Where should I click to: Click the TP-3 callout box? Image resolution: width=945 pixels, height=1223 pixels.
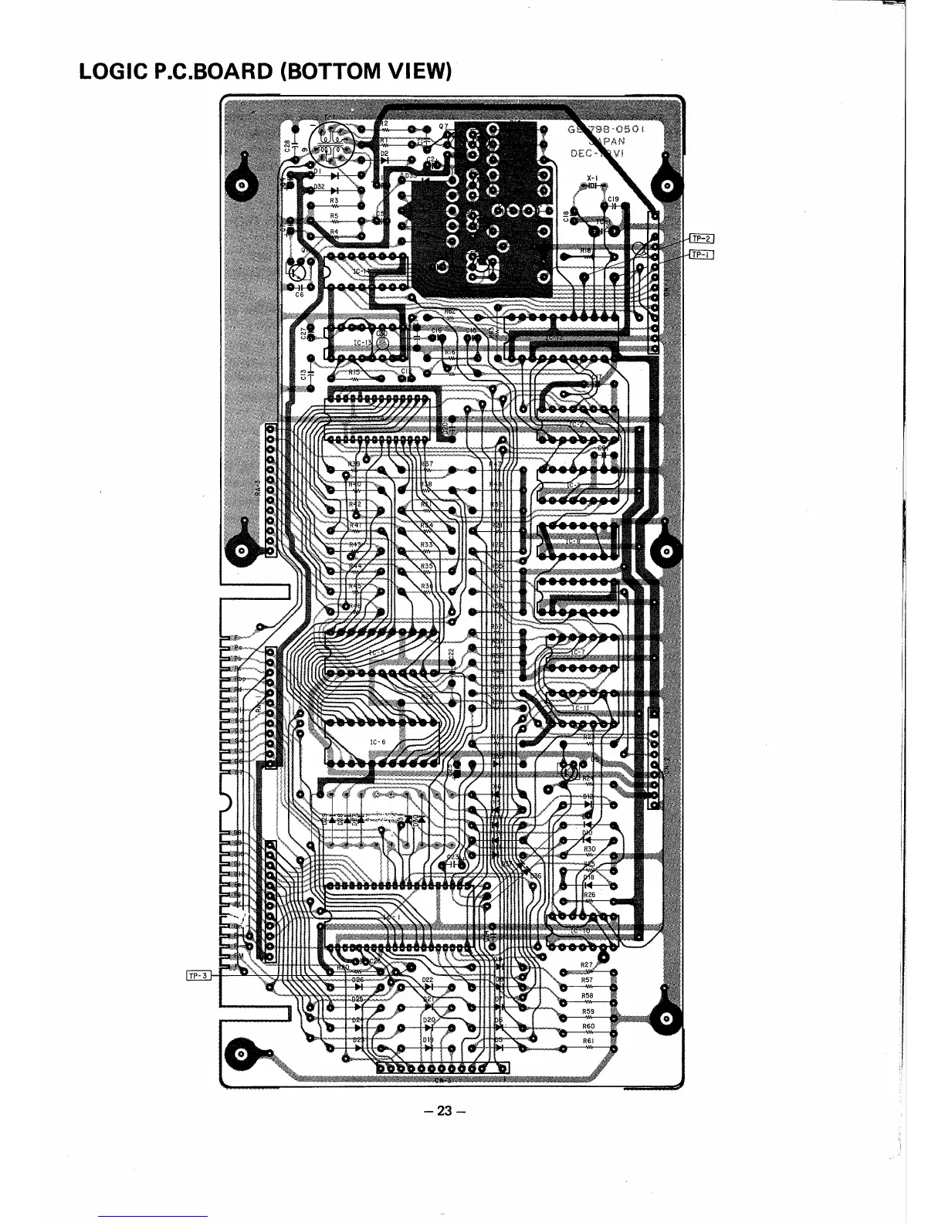198,975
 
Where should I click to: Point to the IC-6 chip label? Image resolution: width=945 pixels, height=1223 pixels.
378,742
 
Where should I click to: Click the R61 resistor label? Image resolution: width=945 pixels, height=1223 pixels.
588,1041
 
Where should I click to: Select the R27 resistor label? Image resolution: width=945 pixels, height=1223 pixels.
587,965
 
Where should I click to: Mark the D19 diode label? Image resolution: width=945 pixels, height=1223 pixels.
428,1040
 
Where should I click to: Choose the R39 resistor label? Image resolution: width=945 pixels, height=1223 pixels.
354,464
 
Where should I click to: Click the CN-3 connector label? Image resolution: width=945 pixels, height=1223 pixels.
442,1079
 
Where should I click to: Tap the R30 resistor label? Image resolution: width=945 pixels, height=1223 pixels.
589,849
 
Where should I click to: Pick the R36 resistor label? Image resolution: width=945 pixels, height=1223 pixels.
427,586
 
